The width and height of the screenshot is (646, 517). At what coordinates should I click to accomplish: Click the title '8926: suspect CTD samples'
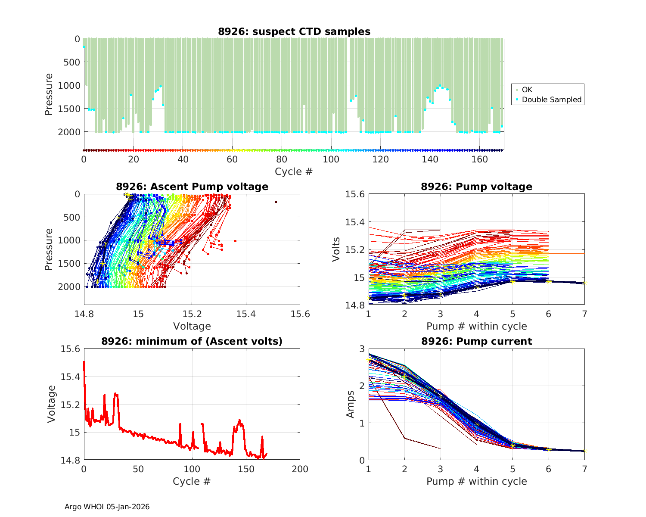click(294, 31)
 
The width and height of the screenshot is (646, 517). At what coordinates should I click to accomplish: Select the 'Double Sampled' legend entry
click(551, 100)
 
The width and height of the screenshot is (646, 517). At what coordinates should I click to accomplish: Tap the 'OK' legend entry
click(527, 90)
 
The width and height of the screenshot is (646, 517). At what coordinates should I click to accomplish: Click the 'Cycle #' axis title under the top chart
click(294, 171)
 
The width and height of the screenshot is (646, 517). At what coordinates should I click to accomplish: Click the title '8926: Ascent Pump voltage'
click(192, 187)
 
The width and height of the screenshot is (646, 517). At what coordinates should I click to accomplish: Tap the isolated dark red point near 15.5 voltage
click(276, 202)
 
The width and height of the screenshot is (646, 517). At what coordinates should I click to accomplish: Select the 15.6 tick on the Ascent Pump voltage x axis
click(300, 315)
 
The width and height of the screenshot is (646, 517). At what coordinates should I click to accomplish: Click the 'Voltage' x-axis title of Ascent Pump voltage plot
click(192, 326)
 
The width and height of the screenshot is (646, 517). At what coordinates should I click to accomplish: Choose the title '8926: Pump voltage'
click(476, 187)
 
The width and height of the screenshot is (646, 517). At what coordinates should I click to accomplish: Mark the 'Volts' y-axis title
click(337, 249)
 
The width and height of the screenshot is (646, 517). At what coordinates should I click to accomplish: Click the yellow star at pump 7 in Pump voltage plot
click(584, 283)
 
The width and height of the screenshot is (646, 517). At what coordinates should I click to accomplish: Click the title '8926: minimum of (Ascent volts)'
click(192, 341)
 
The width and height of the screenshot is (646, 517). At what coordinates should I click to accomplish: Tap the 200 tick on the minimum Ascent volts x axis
click(300, 469)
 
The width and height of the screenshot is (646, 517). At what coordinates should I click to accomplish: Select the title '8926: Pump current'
click(476, 341)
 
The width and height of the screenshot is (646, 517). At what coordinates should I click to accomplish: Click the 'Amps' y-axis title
click(351, 404)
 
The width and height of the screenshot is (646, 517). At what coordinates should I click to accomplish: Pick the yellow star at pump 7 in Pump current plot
click(584, 451)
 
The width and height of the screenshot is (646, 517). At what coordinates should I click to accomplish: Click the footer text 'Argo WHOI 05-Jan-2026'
click(107, 507)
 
